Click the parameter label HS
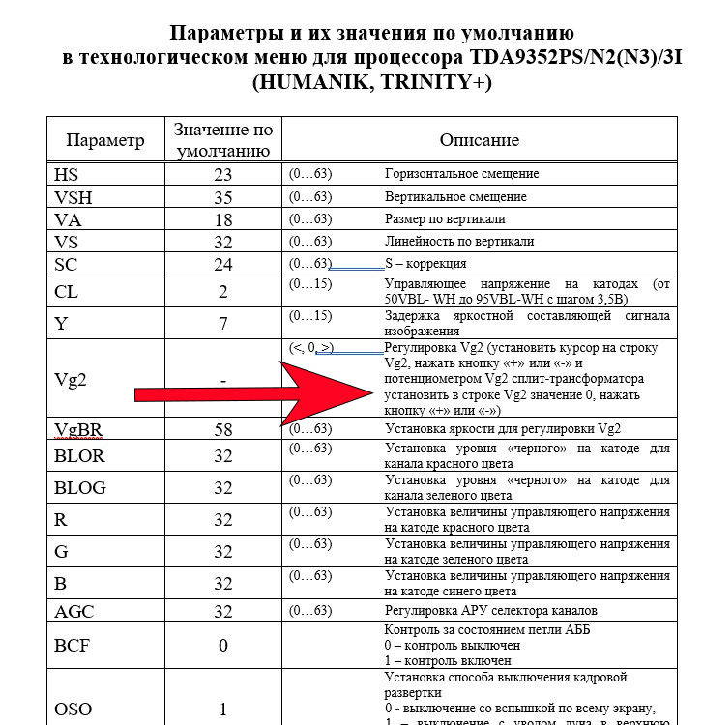[67, 175]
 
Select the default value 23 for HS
[223, 175]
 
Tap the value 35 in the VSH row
[223, 197]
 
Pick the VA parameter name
[68, 219]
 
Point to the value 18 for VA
[223, 219]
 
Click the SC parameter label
[67, 264]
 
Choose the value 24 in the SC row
[223, 264]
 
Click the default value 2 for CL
[223, 292]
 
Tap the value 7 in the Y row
[223, 323]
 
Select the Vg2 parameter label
[71, 380]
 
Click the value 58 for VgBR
[223, 429]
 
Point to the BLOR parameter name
[79, 456]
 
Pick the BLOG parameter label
[80, 488]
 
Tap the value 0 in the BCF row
[223, 645]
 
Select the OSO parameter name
[73, 709]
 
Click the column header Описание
[480, 140]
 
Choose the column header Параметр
[105, 140]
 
